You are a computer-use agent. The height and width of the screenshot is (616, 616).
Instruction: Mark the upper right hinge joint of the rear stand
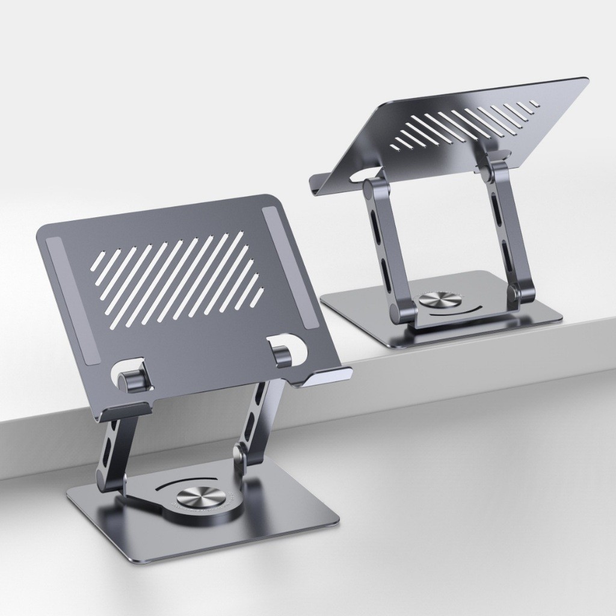(x=490, y=171)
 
